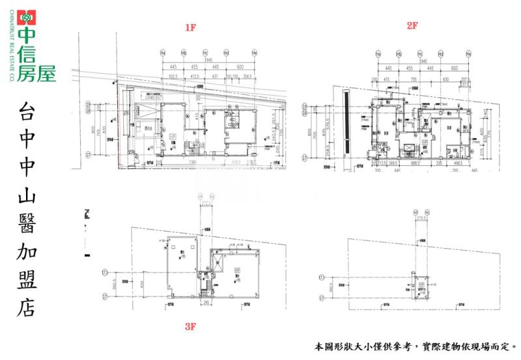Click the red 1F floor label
(190, 27)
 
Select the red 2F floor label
(412, 25)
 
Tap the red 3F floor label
(190, 327)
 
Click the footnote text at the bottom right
(417, 347)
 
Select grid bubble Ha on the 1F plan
(163, 52)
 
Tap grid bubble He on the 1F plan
(254, 52)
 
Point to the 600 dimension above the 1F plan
(239, 67)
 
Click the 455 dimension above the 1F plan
(194, 67)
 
